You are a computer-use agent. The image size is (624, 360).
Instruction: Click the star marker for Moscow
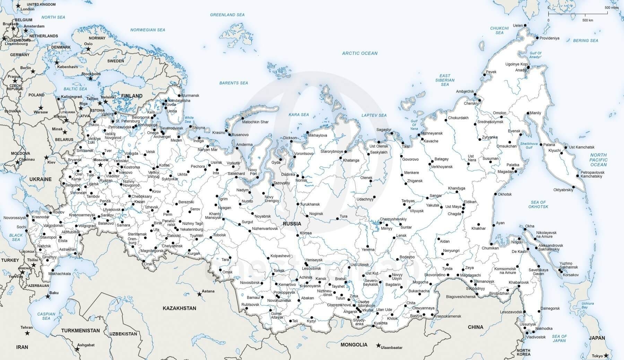tap(101, 165)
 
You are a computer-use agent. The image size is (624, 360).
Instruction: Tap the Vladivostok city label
tap(536, 337)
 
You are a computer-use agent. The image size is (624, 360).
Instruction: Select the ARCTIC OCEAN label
tap(359, 53)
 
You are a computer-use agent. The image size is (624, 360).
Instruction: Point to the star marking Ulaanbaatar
tap(378, 345)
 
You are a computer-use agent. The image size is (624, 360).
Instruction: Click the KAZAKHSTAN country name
tap(179, 308)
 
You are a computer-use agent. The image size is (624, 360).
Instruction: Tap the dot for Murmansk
tap(179, 95)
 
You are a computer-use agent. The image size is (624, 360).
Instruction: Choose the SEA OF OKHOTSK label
tap(538, 204)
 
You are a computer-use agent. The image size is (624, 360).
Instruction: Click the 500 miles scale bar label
tap(612, 7)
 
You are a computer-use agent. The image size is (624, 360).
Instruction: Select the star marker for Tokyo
tap(606, 355)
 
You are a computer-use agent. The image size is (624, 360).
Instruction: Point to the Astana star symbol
tap(199, 295)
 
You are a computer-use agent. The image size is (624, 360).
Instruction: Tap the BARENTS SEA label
tap(234, 83)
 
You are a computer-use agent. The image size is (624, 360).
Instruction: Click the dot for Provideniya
tap(537, 38)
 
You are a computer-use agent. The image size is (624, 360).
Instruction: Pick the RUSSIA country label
tap(292, 224)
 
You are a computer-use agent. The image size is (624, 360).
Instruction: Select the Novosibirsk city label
tap(250, 283)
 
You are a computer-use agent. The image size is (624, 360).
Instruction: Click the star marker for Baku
tap(48, 297)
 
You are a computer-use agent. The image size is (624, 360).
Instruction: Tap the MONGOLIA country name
tap(354, 345)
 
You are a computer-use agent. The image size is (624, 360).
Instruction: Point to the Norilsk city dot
tap(302, 176)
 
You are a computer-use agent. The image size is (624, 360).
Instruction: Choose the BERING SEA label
tap(586, 41)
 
